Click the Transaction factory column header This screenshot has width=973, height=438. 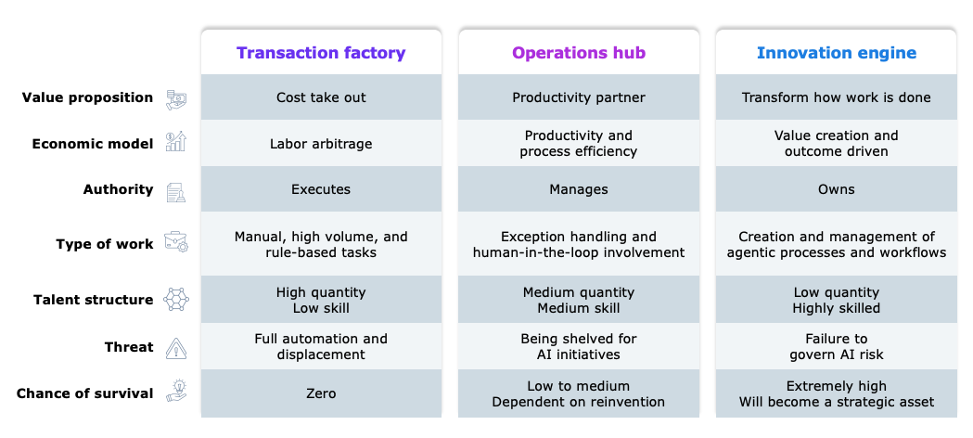pos(321,53)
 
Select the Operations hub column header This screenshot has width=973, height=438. pos(579,53)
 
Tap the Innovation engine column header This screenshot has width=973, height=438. pos(837,53)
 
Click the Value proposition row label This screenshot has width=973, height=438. pos(87,97)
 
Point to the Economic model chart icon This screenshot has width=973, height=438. pos(175,141)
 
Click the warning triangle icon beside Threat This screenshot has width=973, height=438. pos(176,348)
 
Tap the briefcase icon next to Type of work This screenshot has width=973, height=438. pos(176,242)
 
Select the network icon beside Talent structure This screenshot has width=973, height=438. pos(176,299)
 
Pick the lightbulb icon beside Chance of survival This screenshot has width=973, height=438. pos(176,392)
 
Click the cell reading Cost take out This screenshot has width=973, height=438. pos(321,97)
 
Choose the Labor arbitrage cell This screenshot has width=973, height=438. pos(321,144)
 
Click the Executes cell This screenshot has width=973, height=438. pos(321,189)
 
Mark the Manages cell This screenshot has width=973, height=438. pos(579,189)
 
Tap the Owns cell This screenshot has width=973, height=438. pos(836,189)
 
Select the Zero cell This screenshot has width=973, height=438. pos(321,393)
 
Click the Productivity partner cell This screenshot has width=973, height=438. pos(579,97)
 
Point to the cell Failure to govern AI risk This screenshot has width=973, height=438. pos(836,347)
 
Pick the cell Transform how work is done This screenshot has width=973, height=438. pos(836,97)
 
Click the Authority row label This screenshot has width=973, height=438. pos(118,189)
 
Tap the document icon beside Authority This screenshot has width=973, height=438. pos(175,192)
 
